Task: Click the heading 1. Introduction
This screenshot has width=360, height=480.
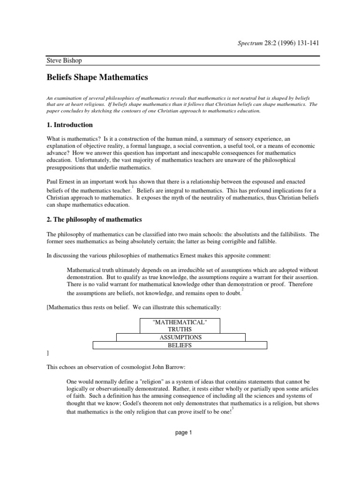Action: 70,125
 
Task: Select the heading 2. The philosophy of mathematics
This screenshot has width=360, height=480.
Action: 94,219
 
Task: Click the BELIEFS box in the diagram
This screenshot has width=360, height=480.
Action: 180,345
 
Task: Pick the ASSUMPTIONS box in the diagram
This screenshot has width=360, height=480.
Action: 180,337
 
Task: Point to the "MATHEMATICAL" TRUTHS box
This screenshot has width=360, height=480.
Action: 180,325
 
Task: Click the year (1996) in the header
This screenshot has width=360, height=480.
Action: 278,44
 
